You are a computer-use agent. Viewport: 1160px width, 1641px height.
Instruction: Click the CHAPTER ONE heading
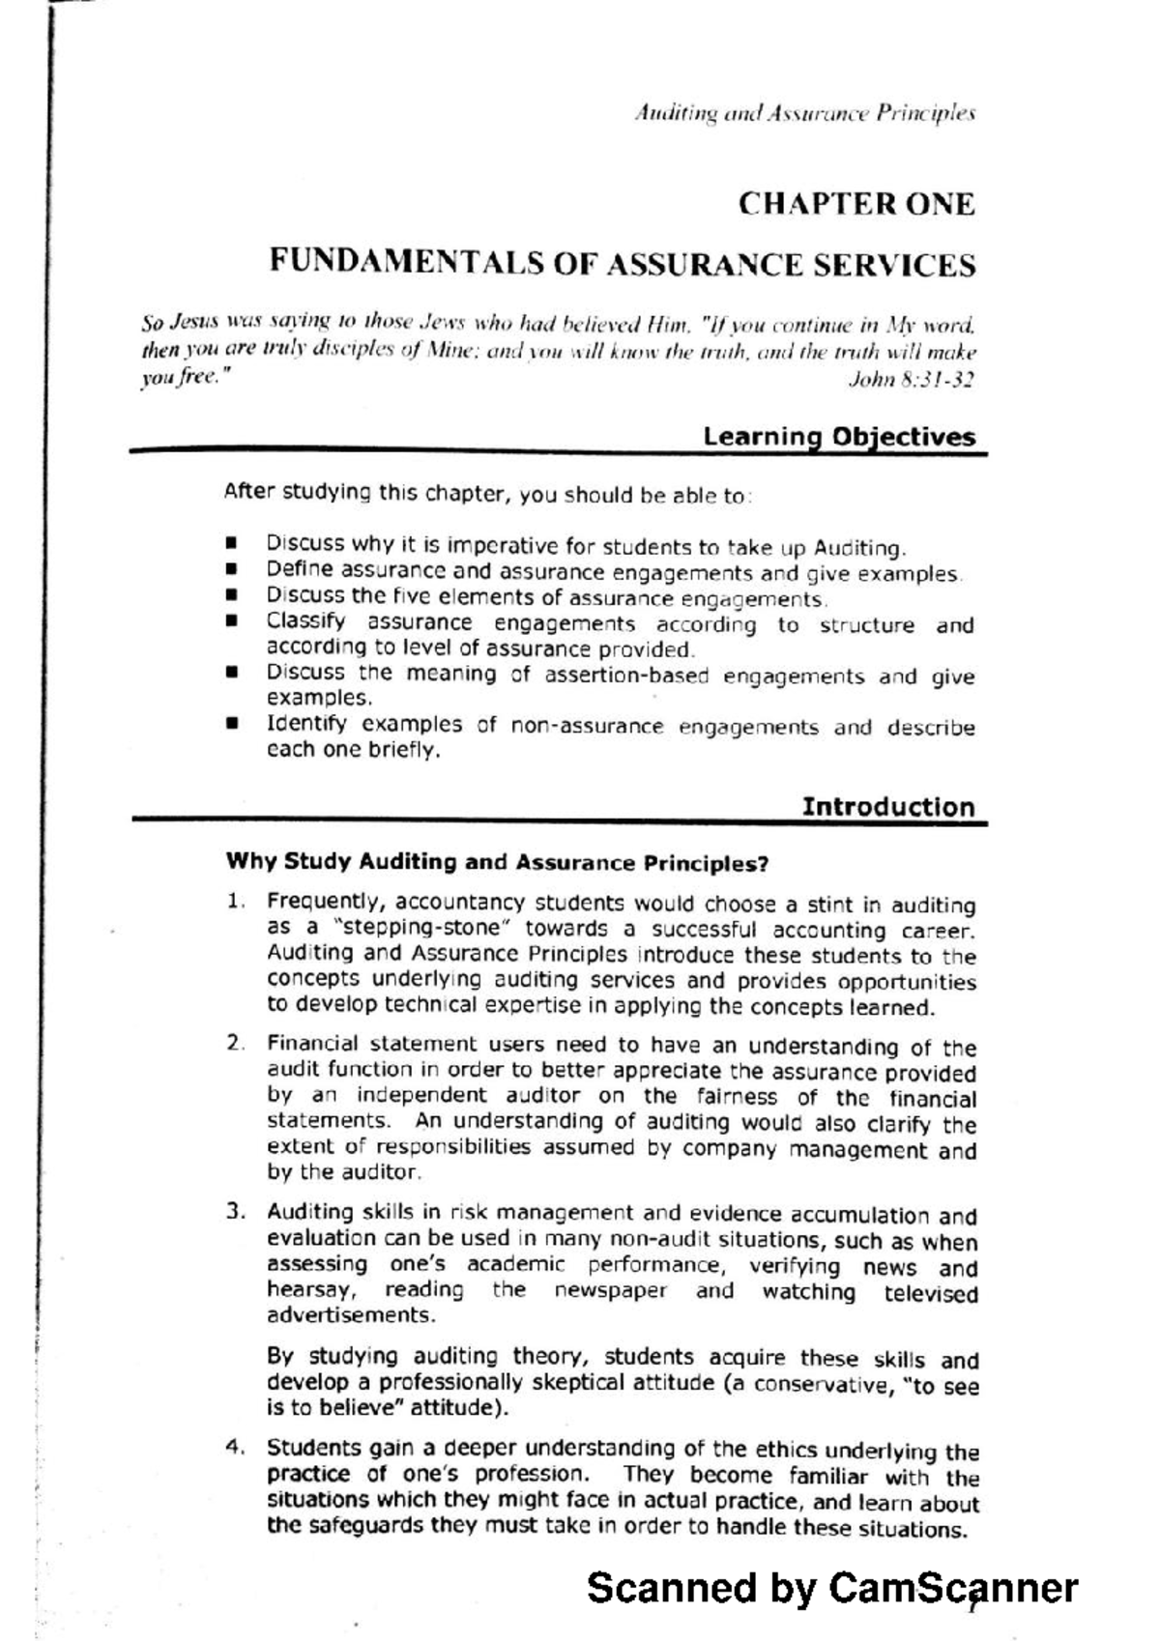coord(856,204)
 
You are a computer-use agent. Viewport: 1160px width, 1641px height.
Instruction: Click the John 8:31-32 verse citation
coord(910,380)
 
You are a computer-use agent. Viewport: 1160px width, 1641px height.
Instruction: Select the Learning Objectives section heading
coord(839,436)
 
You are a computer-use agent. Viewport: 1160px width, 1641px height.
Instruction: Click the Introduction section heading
coord(888,806)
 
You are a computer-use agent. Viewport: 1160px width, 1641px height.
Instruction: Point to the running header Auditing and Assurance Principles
coord(804,114)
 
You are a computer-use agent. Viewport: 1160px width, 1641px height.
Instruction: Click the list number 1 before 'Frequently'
coord(233,902)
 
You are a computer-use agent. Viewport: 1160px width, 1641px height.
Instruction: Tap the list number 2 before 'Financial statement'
coord(233,1043)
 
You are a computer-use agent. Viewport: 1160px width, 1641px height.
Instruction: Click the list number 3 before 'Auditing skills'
coord(233,1211)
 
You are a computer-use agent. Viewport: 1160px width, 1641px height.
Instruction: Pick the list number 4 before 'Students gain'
coord(233,1447)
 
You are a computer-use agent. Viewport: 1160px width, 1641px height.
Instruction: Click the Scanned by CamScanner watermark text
coord(831,1588)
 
